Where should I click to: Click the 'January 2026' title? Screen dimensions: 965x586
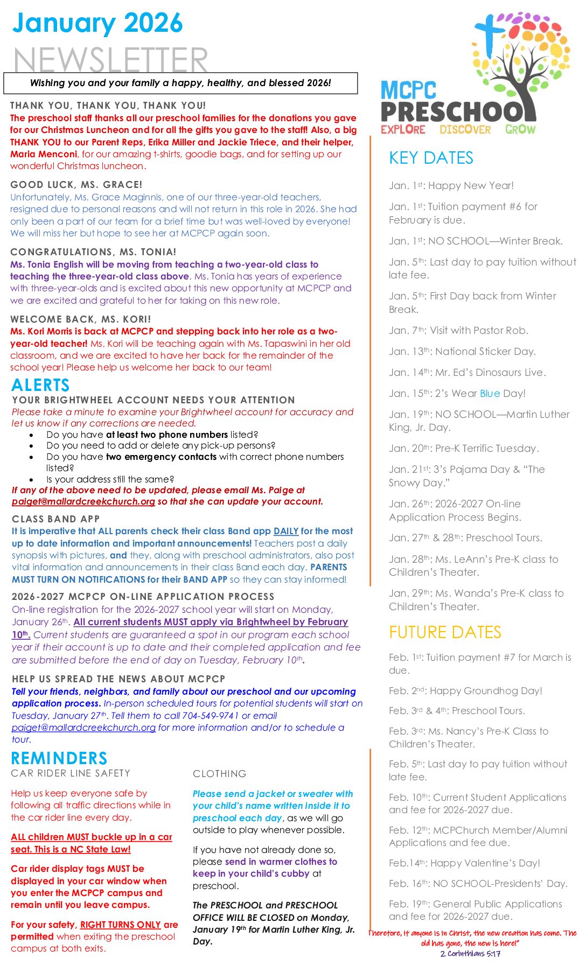click(97, 23)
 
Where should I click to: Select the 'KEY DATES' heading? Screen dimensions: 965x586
click(431, 158)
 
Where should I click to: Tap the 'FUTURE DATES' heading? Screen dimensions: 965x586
click(445, 632)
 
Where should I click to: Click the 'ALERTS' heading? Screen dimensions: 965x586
click(41, 385)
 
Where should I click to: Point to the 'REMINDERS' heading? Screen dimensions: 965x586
click(59, 758)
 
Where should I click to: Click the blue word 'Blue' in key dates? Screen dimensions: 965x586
click(490, 394)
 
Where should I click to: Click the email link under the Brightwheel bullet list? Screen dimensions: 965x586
click(83, 501)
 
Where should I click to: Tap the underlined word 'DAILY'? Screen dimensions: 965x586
click(286, 531)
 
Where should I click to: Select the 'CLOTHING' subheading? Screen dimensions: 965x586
click(220, 774)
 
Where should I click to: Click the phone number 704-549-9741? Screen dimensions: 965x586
click(211, 716)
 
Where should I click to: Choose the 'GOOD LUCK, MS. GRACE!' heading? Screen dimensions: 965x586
click(76, 185)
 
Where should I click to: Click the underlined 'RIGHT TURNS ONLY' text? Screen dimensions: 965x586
click(121, 925)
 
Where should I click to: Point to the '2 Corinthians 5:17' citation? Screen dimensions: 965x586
click(470, 954)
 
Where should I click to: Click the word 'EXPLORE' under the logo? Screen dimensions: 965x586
click(403, 129)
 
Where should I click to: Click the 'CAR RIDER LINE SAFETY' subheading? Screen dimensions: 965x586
click(71, 773)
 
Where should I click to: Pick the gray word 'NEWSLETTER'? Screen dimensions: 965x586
click(110, 59)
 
